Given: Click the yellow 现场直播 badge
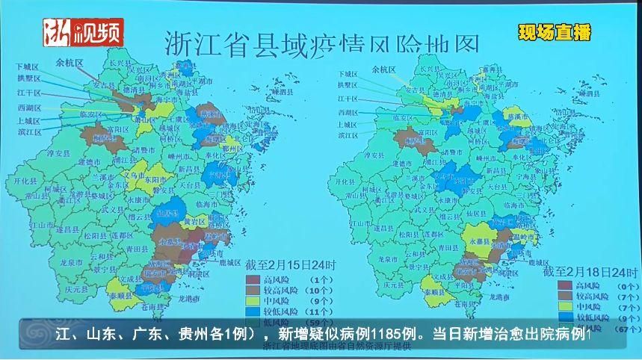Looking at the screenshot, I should tap(555, 33).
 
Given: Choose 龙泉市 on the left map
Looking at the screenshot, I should tap(70, 262).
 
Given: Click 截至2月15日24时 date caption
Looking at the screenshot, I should tap(291, 264).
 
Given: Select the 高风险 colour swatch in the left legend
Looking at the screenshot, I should tap(253, 279).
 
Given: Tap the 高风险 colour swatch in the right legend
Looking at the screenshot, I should tap(554, 285).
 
